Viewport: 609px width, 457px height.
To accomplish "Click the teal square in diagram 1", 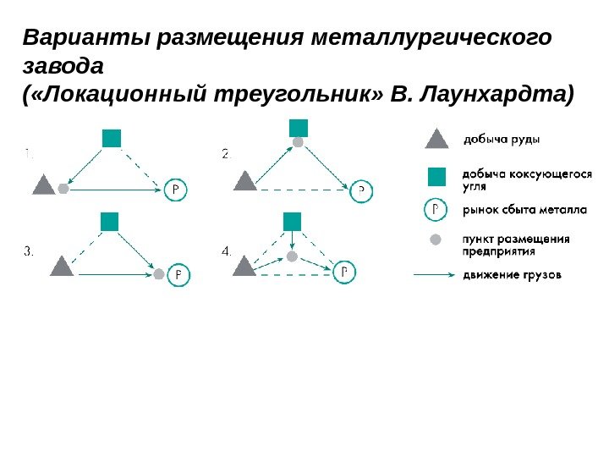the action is coord(112,137).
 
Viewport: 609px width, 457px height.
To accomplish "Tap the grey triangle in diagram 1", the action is coord(43,184).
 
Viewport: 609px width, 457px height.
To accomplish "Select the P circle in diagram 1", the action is coord(176,190).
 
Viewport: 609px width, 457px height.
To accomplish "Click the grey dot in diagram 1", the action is coord(63,190).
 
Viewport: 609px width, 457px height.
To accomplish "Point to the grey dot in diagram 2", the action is coord(298,142).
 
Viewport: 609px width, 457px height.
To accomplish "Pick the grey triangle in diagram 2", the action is coord(244,181).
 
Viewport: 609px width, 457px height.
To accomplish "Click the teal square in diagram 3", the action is coord(109,222).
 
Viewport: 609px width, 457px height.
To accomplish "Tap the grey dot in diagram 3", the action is coord(158,273).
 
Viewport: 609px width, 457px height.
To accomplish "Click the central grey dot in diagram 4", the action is coord(292,256).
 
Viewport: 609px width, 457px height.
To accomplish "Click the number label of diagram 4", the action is coord(226,251).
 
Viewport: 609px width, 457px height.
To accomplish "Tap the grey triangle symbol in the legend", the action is coord(435,139).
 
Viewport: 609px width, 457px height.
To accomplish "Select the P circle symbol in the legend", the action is coord(435,208).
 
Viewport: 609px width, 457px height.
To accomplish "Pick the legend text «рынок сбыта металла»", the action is coord(518,209).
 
